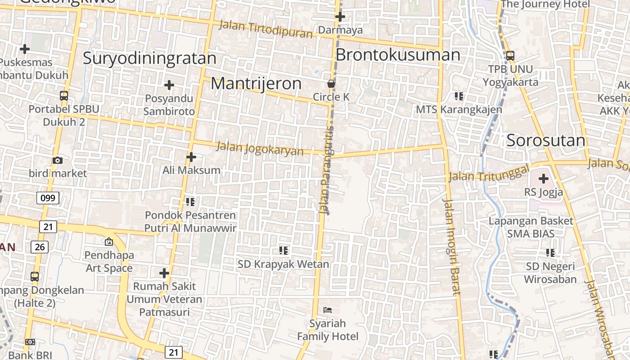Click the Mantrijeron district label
click(256, 84)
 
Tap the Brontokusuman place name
click(398, 55)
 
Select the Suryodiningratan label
click(149, 58)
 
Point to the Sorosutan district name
click(546, 140)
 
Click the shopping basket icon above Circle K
click(331, 84)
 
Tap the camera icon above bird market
click(58, 160)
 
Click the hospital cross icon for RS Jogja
click(544, 179)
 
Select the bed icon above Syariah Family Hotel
click(328, 310)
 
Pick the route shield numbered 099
click(48, 198)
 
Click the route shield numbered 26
click(40, 247)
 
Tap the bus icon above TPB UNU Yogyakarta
click(510, 56)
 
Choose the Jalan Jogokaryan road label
click(260, 148)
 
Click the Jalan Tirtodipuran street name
click(265, 29)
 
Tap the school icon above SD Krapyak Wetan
click(283, 250)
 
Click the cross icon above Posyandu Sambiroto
click(169, 85)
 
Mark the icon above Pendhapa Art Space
click(108, 242)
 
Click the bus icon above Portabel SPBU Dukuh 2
click(64, 95)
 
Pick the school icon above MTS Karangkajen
click(459, 96)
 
